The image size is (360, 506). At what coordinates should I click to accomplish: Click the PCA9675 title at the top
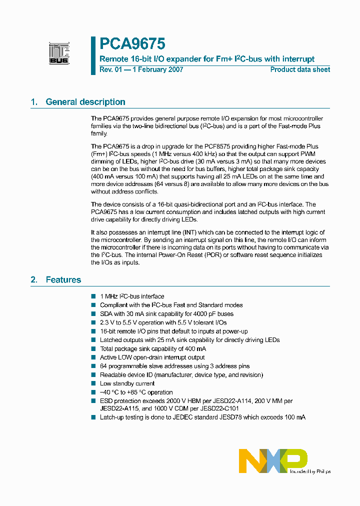click(x=132, y=44)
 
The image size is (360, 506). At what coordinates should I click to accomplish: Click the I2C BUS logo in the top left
click(x=59, y=53)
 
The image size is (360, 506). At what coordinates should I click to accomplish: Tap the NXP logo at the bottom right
click(x=273, y=460)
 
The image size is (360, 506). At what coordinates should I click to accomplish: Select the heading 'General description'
click(x=85, y=102)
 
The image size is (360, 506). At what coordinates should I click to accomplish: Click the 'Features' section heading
click(x=63, y=279)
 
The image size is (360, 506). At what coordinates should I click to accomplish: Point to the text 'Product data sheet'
click(x=300, y=69)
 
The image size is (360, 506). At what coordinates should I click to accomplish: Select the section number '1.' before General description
click(x=34, y=102)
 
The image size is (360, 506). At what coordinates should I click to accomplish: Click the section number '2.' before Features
click(x=34, y=279)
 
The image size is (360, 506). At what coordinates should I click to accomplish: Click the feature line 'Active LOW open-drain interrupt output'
click(x=152, y=357)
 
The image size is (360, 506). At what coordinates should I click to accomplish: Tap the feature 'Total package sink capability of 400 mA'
click(x=153, y=348)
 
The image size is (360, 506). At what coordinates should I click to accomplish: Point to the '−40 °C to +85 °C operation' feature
click(x=136, y=392)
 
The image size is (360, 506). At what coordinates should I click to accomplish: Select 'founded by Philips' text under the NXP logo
click(x=310, y=471)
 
